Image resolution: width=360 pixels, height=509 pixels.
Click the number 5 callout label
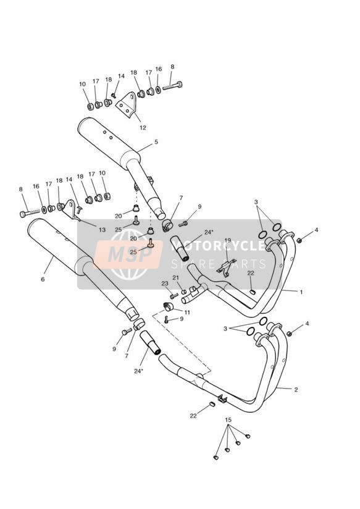(156, 142)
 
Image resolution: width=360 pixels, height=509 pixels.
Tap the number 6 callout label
(43, 279)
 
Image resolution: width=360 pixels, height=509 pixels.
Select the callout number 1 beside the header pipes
(301, 292)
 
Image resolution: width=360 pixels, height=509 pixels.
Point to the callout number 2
(296, 390)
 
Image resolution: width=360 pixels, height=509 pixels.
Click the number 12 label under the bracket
(143, 128)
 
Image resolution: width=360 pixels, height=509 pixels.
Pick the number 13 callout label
(102, 230)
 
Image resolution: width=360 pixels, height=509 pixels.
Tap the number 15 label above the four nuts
(228, 419)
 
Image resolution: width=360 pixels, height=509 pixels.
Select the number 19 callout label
(228, 240)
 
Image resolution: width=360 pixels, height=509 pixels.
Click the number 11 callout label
(187, 313)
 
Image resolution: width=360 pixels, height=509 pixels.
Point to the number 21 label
(175, 277)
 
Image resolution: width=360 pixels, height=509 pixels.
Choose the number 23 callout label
(165, 284)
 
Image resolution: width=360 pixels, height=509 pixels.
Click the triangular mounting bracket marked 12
(126, 105)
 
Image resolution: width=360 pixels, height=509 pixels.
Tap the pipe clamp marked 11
(169, 306)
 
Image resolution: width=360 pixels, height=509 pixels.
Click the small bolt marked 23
(174, 295)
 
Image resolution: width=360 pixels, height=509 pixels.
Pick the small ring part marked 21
(183, 291)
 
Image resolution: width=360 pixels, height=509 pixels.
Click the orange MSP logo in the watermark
(129, 255)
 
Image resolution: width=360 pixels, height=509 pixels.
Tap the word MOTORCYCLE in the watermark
(218, 246)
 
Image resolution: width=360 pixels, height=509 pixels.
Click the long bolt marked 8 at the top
(172, 86)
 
